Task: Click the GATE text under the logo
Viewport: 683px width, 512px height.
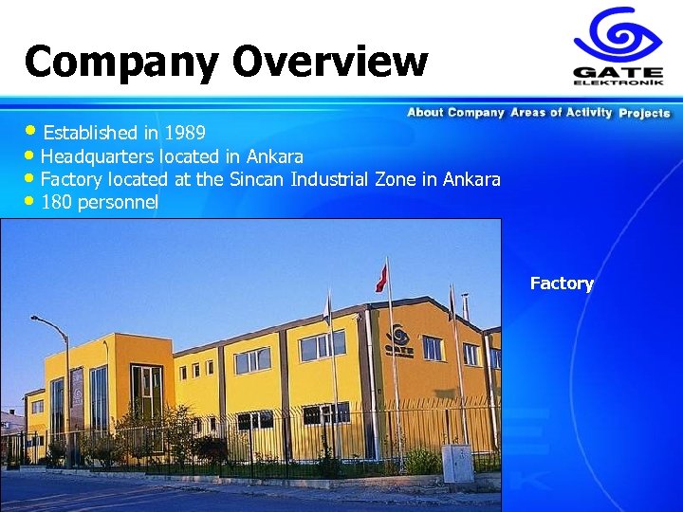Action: tap(618, 71)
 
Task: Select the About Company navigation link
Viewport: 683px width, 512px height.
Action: tap(455, 113)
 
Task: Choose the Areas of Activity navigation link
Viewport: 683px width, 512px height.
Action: tap(561, 113)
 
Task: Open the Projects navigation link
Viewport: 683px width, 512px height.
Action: tap(644, 113)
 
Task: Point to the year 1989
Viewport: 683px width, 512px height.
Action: tap(186, 132)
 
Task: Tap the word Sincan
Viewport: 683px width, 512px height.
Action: tap(258, 179)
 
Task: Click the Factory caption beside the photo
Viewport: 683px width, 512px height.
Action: tap(562, 283)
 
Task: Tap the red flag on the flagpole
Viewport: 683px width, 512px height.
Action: tap(381, 276)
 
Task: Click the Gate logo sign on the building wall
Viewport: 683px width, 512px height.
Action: tap(399, 340)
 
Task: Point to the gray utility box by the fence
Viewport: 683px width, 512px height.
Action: tap(457, 462)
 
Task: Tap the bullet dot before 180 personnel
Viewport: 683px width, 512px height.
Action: tap(32, 201)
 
